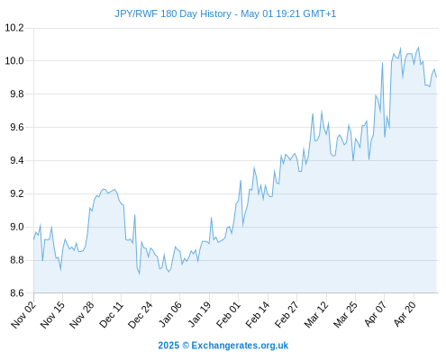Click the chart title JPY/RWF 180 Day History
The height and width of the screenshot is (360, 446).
(x=173, y=13)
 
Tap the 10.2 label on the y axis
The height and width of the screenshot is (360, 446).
(x=14, y=28)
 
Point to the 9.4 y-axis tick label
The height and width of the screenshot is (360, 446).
(x=17, y=161)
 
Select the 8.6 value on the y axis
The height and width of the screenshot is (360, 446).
(x=17, y=293)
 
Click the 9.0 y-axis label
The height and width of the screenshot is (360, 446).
(x=17, y=227)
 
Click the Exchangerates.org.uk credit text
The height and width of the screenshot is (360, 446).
(x=240, y=346)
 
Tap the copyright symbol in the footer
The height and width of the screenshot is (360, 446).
(x=186, y=346)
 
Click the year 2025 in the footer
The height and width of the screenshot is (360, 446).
(x=168, y=346)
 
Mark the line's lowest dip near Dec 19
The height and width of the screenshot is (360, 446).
(x=140, y=274)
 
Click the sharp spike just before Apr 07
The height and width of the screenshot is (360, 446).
(x=382, y=63)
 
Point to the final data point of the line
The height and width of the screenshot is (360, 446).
(x=436, y=77)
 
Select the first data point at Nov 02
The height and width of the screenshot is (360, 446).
(x=33, y=239)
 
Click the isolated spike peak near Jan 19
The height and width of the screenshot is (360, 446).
(x=212, y=218)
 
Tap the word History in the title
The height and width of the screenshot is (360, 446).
(x=216, y=13)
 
